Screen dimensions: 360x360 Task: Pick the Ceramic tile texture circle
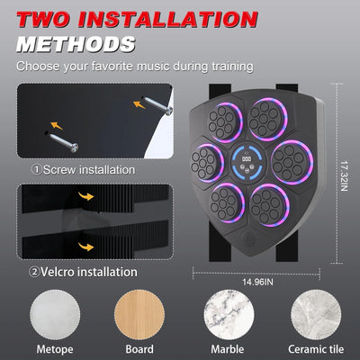point(314,310)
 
